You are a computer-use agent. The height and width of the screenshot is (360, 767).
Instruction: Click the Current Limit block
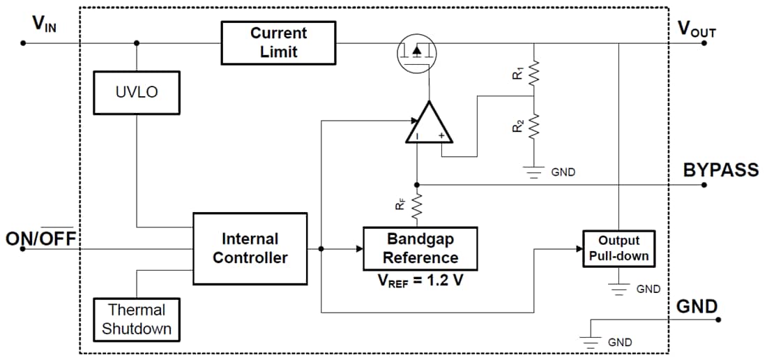coord(278,43)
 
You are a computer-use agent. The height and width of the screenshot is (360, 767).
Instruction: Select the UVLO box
coord(137,92)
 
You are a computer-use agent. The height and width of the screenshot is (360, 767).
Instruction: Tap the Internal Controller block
coord(250,248)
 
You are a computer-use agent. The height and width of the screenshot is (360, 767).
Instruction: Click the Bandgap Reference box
coord(420,248)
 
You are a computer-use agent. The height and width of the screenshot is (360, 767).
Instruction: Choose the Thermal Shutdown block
coord(137,319)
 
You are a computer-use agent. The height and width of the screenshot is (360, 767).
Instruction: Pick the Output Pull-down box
coord(618,248)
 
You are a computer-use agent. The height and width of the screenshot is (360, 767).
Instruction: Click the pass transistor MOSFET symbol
coord(416,52)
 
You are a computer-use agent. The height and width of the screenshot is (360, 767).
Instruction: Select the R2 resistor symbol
coord(534,126)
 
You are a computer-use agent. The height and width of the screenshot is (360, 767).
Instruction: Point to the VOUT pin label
coord(697,29)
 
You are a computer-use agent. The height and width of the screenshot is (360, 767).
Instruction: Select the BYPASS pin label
coord(720,170)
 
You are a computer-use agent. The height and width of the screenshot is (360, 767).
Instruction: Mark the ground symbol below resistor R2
coord(534,172)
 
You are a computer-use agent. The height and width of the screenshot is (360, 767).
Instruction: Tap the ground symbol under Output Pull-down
coord(618,288)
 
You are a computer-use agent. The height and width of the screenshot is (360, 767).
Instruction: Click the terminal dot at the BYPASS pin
coord(704,185)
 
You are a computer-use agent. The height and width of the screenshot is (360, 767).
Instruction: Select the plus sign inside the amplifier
coord(441,136)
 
